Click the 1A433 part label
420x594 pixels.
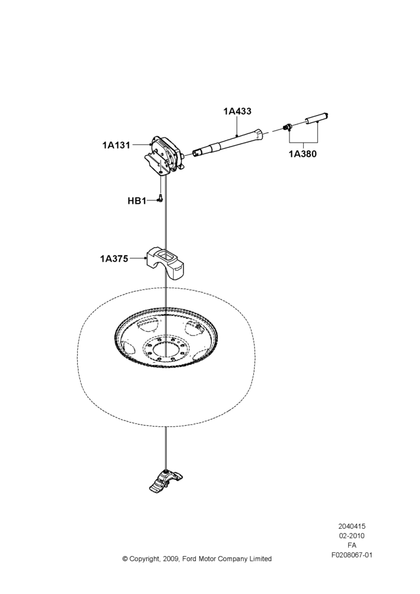tap(237, 112)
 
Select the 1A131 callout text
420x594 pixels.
tap(116, 145)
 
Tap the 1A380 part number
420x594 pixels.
tap(303, 154)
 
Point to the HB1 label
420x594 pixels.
tap(137, 201)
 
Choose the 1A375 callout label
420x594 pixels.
tap(114, 259)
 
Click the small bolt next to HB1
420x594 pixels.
tap(160, 198)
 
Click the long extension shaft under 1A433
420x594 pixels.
tap(227, 143)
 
